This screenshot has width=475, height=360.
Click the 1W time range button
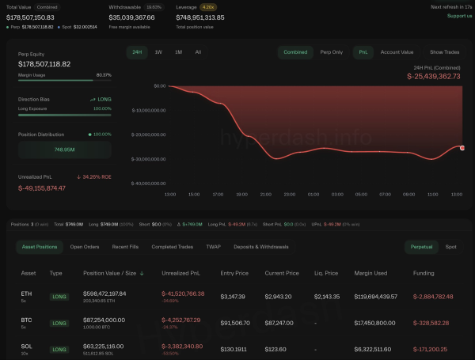pos(158,52)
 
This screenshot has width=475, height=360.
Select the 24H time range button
pos(138,52)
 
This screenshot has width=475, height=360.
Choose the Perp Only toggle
pos(332,52)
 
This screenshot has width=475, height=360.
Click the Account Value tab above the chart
pos(397,52)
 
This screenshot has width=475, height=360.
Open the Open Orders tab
pos(85,247)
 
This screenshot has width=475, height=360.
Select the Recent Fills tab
pos(126,247)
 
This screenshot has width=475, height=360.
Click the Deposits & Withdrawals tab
pos(261,247)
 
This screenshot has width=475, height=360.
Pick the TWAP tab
pos(213,247)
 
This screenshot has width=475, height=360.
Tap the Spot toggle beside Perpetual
pos(450,247)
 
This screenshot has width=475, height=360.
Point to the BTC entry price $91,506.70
pos(236,323)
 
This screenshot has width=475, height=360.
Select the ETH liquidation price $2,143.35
pos(326,296)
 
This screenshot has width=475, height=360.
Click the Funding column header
pos(424,273)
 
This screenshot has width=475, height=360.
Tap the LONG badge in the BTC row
pos(59,323)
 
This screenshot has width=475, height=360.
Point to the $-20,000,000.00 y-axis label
pos(148,135)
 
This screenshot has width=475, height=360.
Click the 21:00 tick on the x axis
pos(266,194)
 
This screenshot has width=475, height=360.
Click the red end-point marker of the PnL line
pos(462,147)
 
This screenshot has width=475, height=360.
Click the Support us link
pos(459,16)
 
